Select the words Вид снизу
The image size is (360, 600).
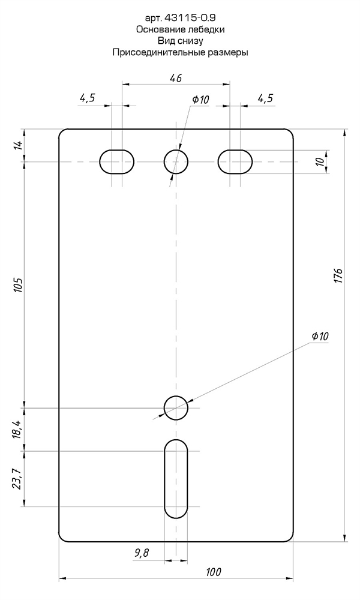point(180,41)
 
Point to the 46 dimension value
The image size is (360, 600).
point(175,77)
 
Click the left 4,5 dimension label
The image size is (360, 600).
point(87,98)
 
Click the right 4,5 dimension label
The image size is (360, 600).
point(265,98)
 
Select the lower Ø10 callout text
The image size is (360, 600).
point(320,337)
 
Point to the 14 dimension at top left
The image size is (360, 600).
point(17,145)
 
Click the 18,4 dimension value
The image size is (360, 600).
point(17,430)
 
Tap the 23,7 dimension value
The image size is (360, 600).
point(17,478)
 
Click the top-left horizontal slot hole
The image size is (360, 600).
point(116,161)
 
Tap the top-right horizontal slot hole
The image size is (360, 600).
point(235,161)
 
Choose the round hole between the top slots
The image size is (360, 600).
point(176,161)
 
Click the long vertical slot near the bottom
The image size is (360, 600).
point(176,478)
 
